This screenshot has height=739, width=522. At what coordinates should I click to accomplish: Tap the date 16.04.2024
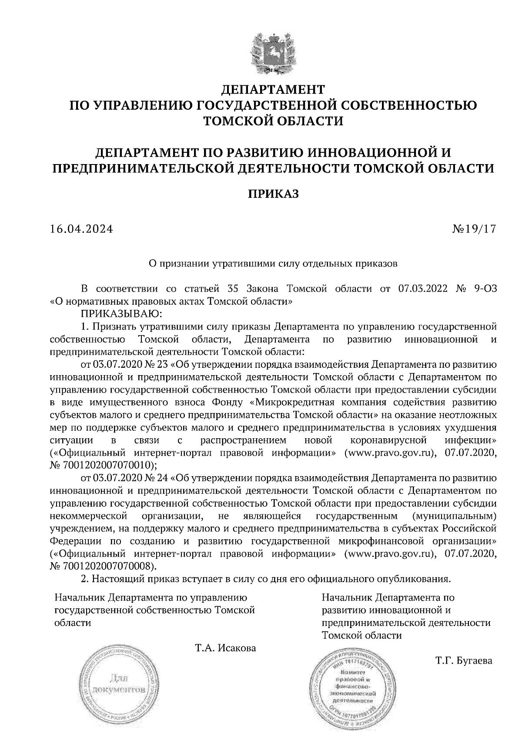pos(81,229)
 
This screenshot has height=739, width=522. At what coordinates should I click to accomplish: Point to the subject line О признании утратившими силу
pos(273,263)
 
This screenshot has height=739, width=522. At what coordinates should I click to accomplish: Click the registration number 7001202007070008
pos(108,566)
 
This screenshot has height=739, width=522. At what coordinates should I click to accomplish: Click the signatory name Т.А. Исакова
pos(225,648)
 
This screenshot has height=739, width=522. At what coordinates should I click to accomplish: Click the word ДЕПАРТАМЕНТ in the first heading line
pos(273,90)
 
